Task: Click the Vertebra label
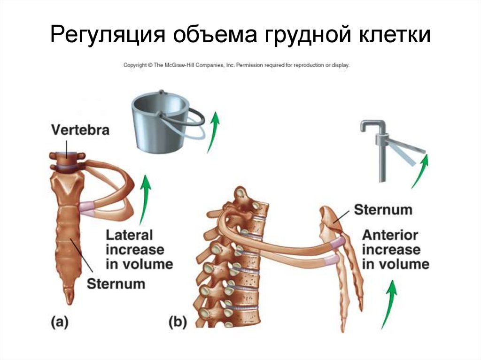click(81, 130)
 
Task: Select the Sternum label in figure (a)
click(116, 283)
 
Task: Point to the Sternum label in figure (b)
click(383, 209)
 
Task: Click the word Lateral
click(130, 235)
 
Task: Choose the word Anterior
click(390, 235)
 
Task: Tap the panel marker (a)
click(60, 322)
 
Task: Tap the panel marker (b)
click(178, 322)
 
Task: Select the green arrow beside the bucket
click(214, 131)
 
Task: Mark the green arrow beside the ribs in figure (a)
click(145, 199)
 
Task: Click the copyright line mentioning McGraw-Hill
click(236, 66)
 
